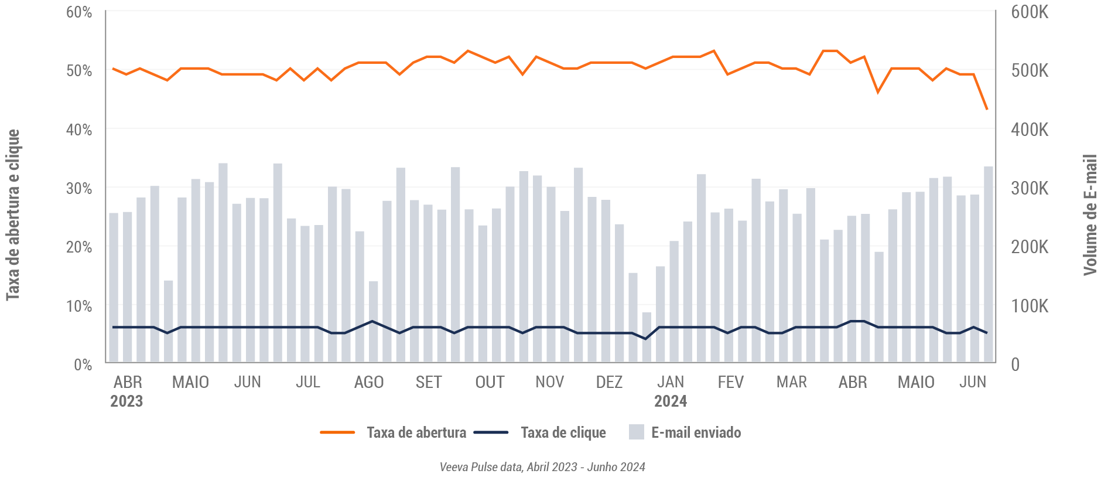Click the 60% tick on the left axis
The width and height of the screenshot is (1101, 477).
tap(79, 12)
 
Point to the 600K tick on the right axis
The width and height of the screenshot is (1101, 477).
tap(1030, 12)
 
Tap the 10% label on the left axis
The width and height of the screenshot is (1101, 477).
tap(79, 306)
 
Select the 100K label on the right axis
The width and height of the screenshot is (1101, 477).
tap(1030, 306)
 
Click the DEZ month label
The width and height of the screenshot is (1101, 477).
tap(609, 382)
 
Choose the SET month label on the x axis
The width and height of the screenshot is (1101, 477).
tap(428, 382)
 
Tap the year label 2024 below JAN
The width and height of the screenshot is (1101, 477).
tap(670, 401)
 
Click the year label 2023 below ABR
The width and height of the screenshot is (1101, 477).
tap(126, 401)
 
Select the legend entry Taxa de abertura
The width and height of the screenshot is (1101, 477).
tap(416, 433)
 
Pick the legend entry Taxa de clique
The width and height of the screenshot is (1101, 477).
tap(563, 433)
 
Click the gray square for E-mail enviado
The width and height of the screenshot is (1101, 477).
tap(636, 432)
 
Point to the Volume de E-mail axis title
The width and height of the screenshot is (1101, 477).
tap(1090, 215)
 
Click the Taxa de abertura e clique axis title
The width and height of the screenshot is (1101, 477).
tap(13, 215)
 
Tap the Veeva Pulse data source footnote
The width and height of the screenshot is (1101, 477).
tap(542, 467)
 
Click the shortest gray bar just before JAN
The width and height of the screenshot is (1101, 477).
tap(647, 338)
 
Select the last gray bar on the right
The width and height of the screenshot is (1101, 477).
tap(988, 265)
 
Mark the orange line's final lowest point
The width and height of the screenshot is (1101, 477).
tap(987, 109)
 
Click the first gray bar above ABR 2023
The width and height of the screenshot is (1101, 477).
tap(114, 288)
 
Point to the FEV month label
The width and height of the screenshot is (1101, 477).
tap(730, 382)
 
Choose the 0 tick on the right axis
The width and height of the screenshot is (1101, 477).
tap(1015, 364)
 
